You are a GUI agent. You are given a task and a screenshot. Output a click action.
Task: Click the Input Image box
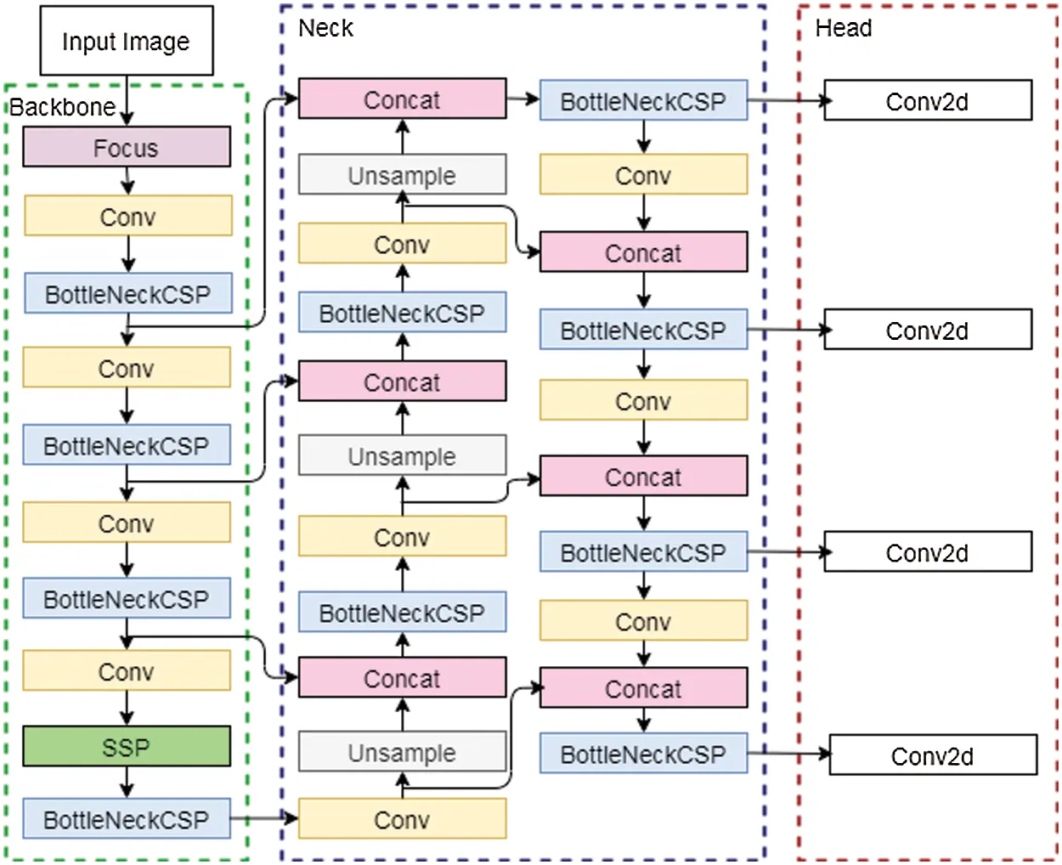pos(126,41)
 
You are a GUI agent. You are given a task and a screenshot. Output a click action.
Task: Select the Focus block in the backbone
pos(126,148)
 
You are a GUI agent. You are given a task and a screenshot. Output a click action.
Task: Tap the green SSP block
pos(126,747)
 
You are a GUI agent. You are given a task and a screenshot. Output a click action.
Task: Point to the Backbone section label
pos(62,107)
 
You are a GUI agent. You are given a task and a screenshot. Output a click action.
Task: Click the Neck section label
pos(325,28)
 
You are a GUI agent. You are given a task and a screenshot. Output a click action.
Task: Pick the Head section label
pos(843,28)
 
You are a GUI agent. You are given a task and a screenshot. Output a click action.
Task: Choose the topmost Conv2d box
pos(927,101)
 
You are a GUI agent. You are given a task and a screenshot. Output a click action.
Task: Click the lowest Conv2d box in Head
pos(932,755)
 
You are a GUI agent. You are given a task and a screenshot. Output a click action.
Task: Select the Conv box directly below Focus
pos(127,217)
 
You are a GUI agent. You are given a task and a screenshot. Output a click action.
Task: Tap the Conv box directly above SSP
pos(126,671)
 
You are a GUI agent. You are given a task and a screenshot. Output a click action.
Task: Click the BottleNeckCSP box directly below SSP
pos(126,819)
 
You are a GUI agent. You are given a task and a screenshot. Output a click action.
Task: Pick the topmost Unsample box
pos(402,175)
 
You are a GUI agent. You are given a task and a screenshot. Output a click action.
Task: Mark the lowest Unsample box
pos(402,752)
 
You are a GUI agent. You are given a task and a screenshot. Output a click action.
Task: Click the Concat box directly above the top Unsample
pos(402,99)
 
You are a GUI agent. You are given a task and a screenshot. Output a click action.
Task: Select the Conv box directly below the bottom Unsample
pos(402,819)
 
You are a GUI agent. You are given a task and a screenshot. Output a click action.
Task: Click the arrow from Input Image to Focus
pos(127,100)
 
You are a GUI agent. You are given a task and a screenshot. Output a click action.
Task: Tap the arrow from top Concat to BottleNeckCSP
pos(523,99)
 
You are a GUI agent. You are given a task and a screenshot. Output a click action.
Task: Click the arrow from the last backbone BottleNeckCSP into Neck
pos(264,818)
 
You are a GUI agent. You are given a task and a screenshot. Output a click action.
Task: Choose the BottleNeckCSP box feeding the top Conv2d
pos(643,101)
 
